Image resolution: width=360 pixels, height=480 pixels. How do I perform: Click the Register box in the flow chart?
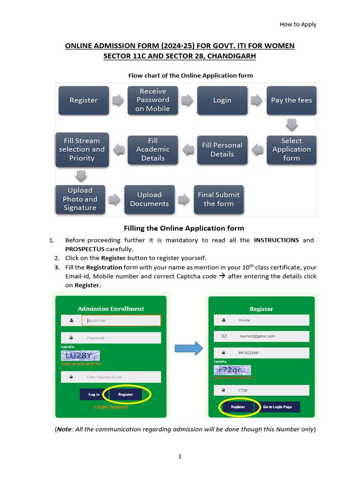coord(83,100)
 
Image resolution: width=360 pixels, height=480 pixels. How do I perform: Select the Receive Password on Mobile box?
coord(152,100)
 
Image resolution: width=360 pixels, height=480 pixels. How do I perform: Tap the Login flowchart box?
coord(222,100)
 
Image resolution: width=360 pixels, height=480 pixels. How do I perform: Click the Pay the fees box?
coord(291,100)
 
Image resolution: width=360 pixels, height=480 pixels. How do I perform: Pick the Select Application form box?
coord(291,150)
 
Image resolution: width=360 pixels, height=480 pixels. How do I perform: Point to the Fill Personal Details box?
coord(222,150)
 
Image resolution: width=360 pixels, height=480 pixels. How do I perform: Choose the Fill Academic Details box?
coord(153,150)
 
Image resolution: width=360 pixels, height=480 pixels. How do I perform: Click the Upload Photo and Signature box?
coord(80,199)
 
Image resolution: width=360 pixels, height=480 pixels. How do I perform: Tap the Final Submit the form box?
coord(218,199)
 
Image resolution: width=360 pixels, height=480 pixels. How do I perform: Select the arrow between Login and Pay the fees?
coord(256,100)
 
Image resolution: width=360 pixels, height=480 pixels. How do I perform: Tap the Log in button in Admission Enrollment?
coord(94,395)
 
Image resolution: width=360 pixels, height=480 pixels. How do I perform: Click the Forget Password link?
coord(111,407)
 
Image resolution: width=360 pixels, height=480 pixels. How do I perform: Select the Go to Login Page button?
coord(277,407)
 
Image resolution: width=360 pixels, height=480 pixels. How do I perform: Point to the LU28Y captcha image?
coord(81,356)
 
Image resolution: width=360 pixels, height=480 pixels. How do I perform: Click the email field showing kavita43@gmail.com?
coord(262,336)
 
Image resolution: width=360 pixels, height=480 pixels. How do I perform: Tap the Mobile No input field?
coord(121,321)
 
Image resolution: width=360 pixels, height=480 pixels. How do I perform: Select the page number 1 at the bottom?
coord(180,456)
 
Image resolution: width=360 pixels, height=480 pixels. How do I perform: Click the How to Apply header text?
coord(298,24)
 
